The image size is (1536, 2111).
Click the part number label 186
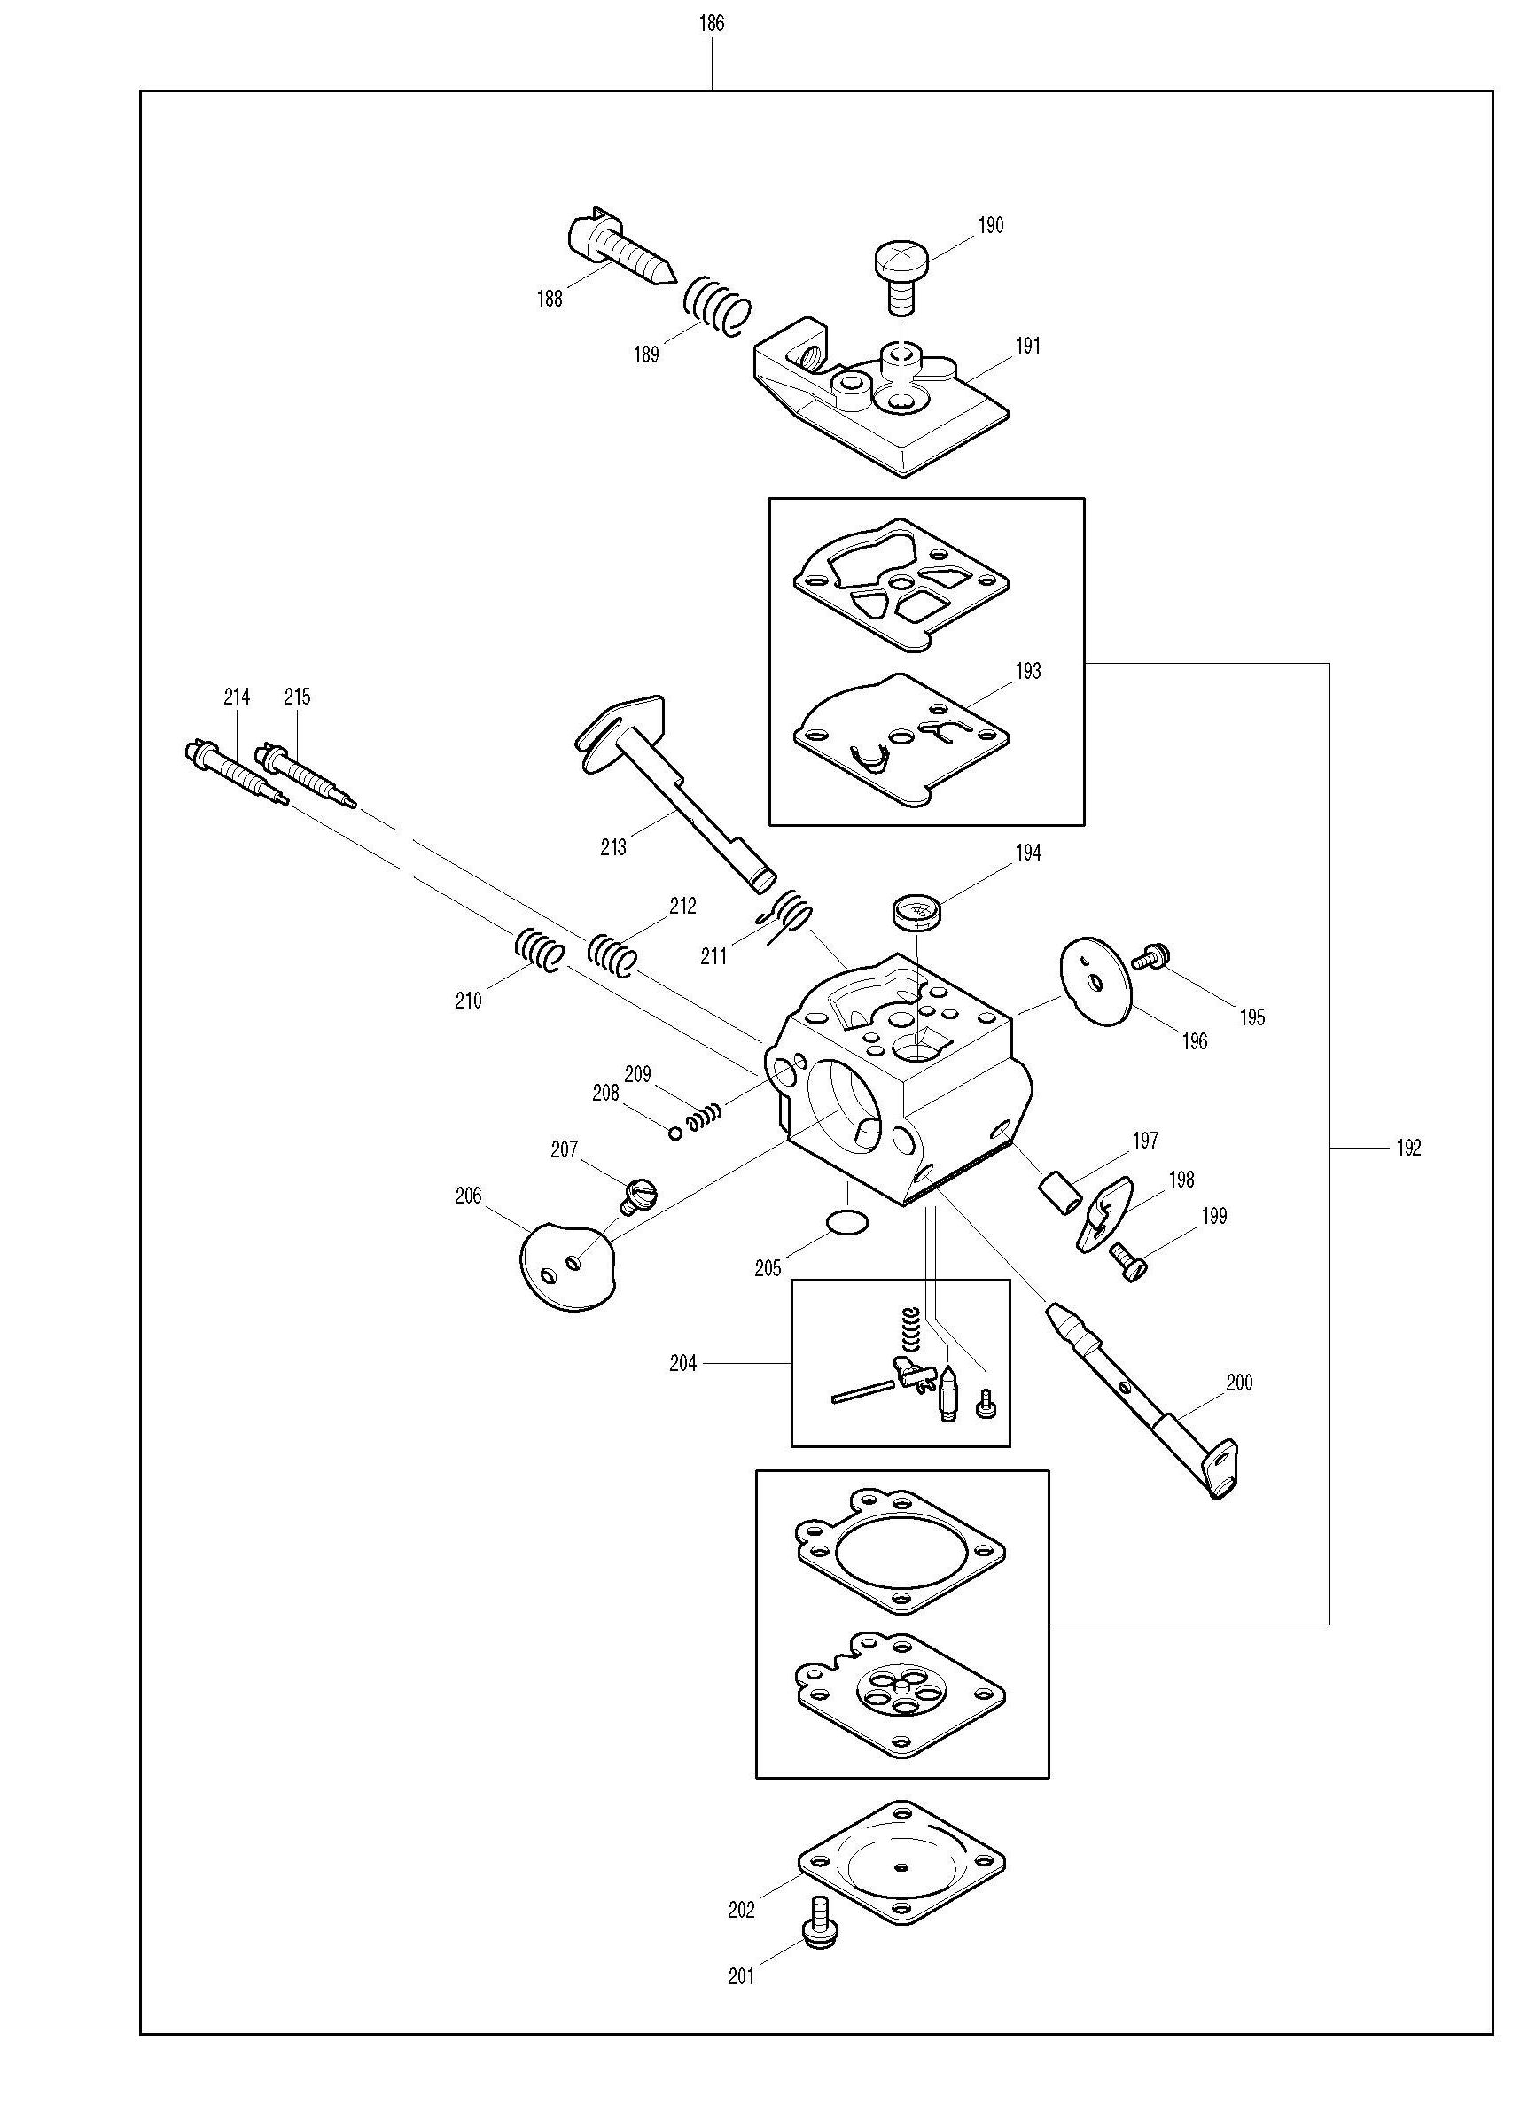point(711,24)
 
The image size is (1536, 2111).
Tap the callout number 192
point(1408,1149)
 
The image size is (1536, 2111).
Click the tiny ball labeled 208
point(674,1132)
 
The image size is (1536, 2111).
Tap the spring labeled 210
point(539,950)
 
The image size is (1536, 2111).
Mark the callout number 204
point(682,1365)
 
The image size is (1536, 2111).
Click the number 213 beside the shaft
point(613,848)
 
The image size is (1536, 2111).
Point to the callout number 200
point(1239,1383)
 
